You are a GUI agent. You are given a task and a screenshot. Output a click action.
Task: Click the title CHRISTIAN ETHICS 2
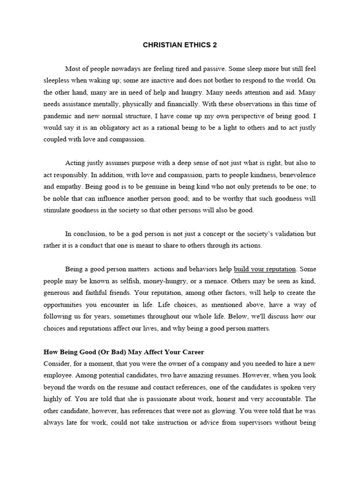tap(180, 45)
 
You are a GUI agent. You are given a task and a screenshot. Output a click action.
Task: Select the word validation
tap(284, 233)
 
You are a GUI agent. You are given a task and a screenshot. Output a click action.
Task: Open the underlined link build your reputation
tap(265, 269)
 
